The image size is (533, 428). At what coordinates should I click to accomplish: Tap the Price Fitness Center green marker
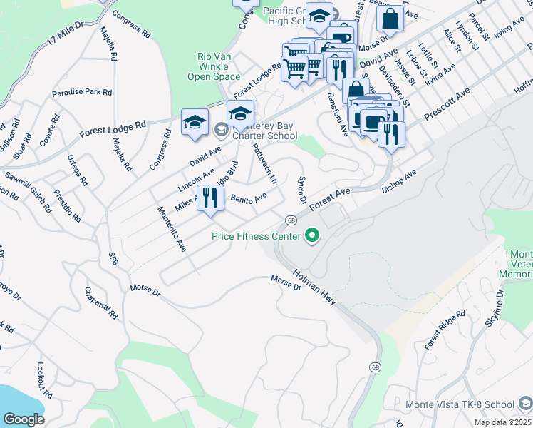click(x=311, y=234)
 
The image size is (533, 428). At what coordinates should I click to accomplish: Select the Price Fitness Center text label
click(x=255, y=236)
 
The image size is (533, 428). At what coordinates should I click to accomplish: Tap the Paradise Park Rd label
click(x=82, y=93)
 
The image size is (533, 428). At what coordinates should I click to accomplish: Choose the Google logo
click(x=24, y=419)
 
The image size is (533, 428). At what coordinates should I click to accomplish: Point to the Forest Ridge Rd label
click(x=445, y=330)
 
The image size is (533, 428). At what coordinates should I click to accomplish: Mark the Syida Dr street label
click(x=302, y=190)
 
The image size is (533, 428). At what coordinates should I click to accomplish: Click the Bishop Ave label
click(x=398, y=182)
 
